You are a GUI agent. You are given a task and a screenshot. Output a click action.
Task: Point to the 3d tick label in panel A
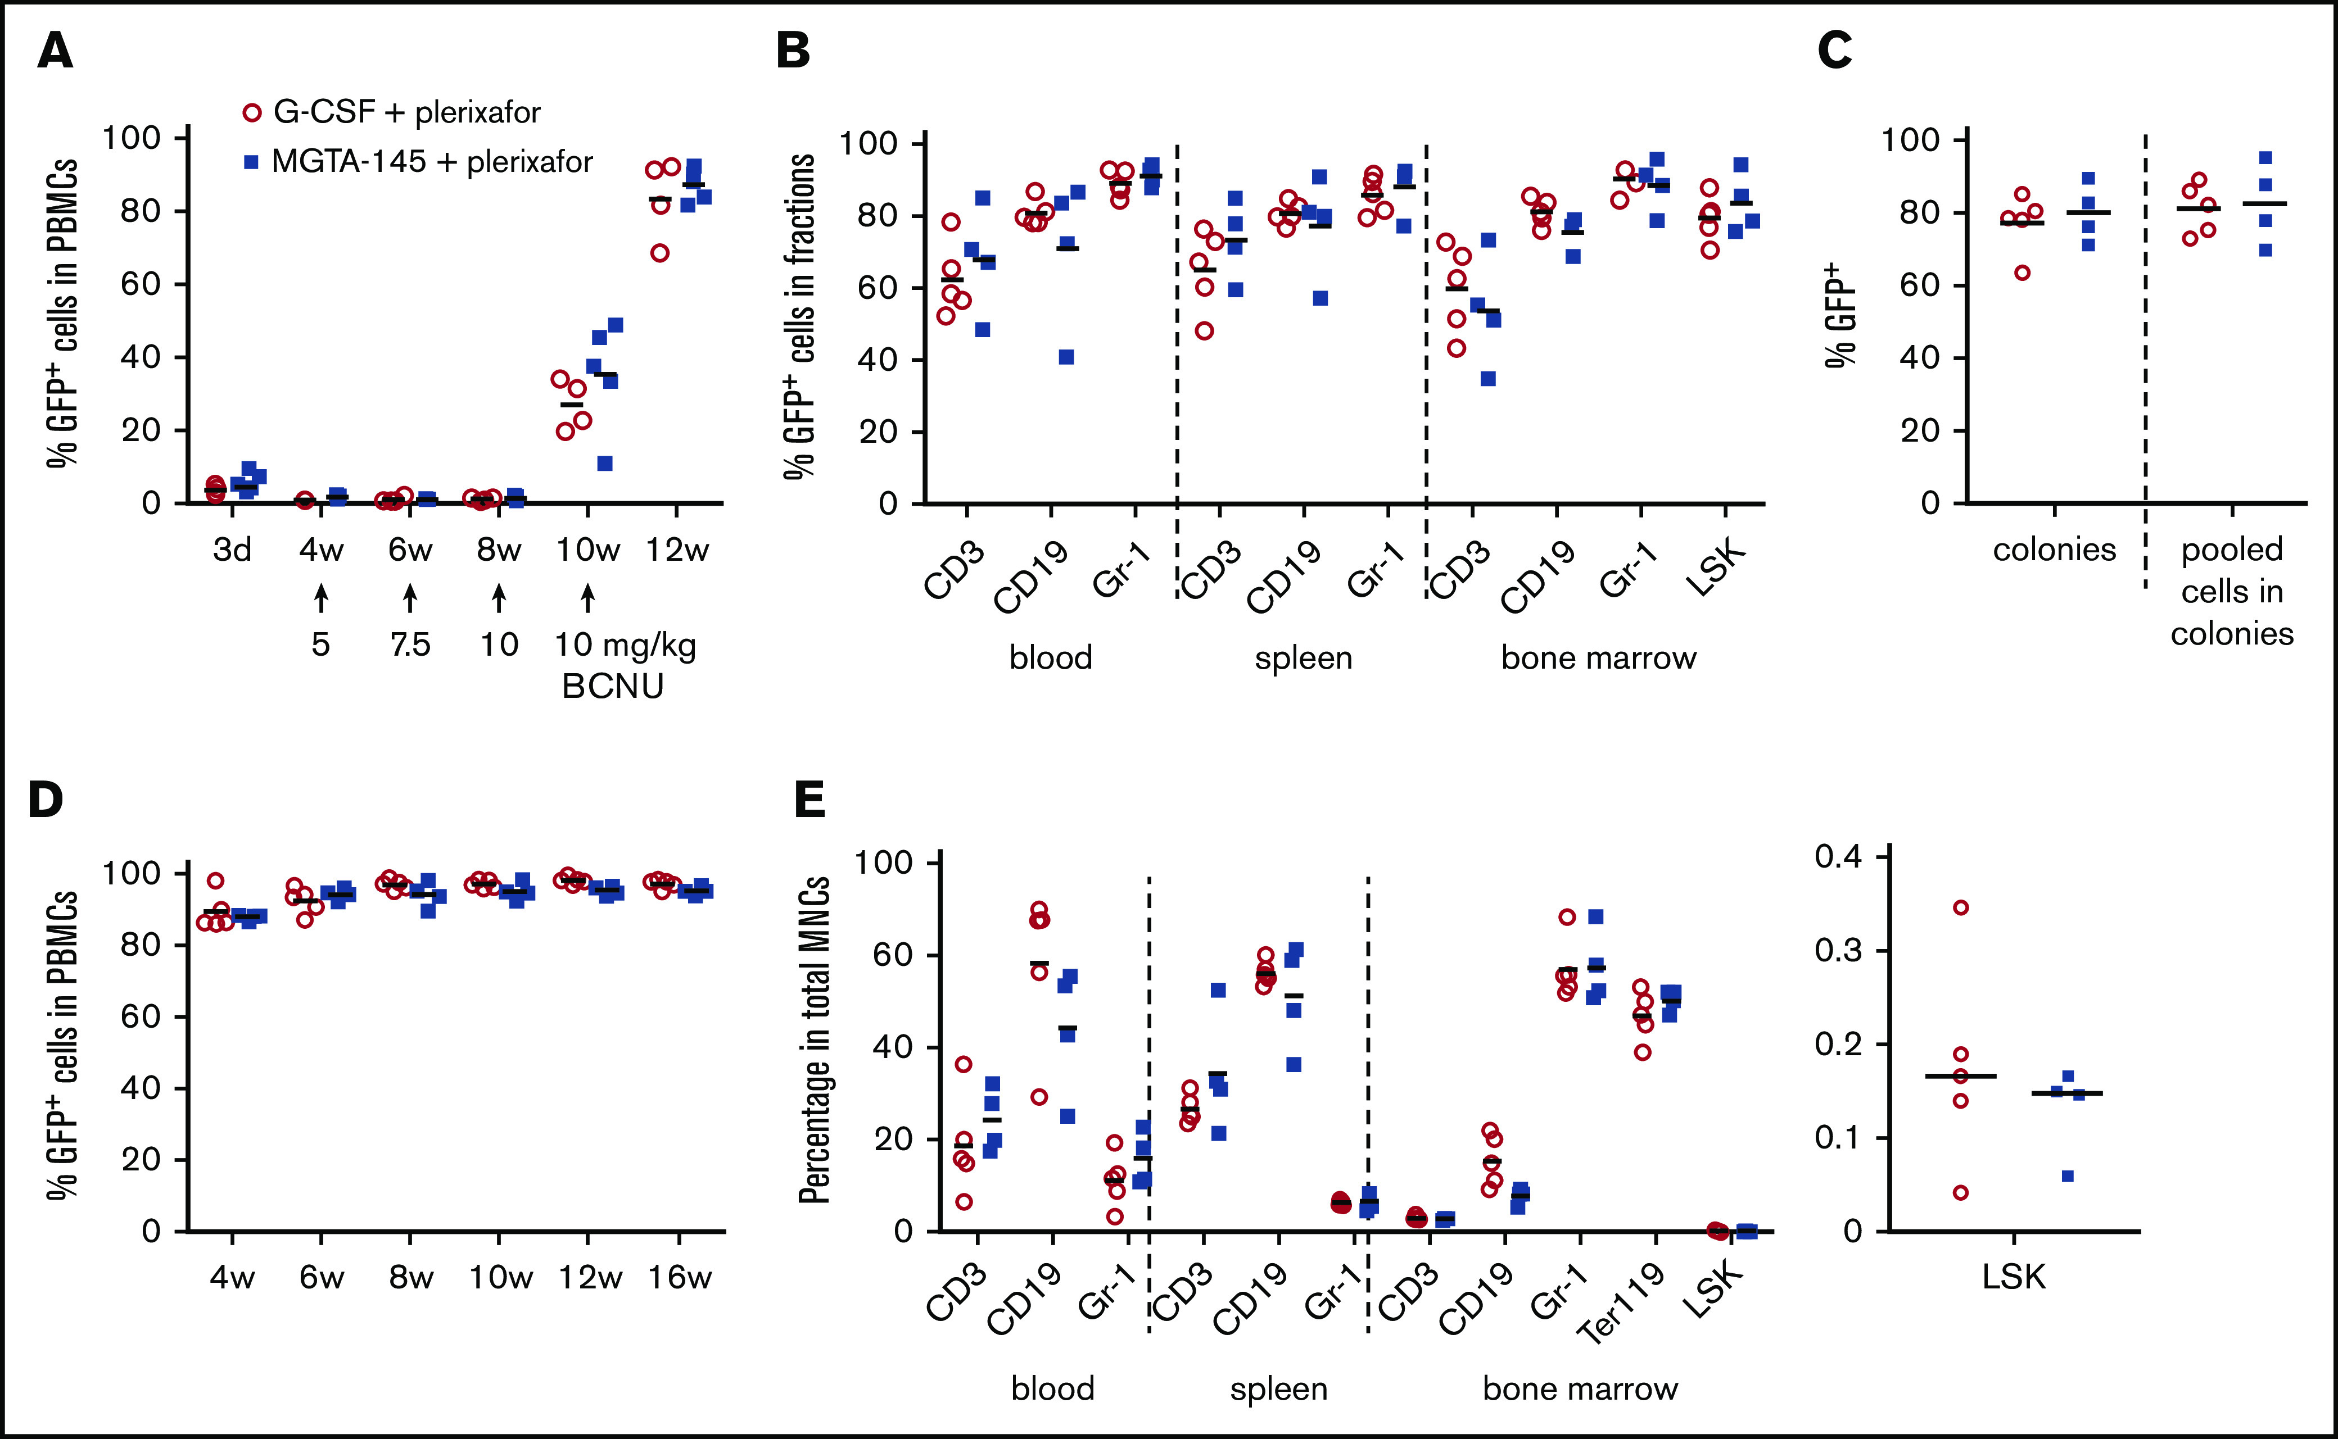tap(231, 550)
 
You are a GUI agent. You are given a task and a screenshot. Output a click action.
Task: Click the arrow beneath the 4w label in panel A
tap(321, 598)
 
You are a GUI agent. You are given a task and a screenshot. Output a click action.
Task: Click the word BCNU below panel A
tap(612, 686)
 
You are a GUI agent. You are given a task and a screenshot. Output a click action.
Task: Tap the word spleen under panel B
tap(1303, 657)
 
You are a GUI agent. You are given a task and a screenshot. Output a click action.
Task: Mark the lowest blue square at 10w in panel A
tap(604, 464)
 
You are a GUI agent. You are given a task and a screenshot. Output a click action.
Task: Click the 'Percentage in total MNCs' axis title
tap(815, 1040)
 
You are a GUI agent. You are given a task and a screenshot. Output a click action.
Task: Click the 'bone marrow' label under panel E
tap(1579, 1388)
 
